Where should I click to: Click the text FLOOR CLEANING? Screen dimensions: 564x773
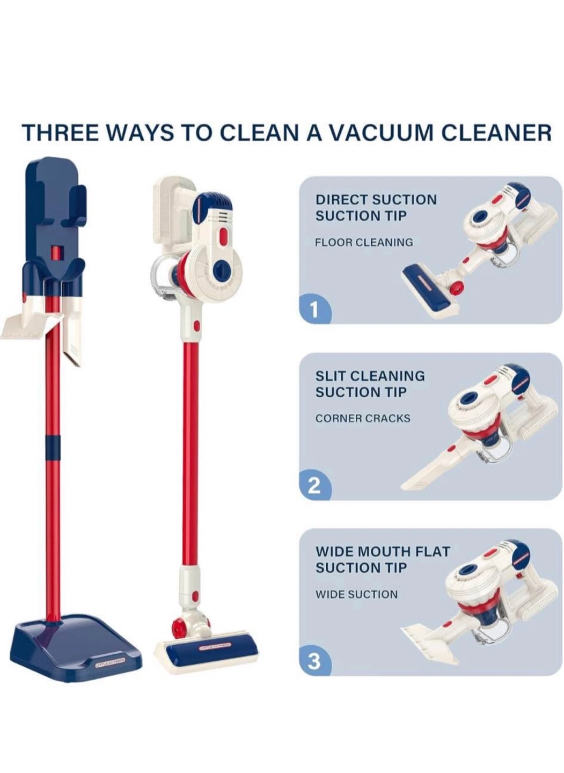[364, 242]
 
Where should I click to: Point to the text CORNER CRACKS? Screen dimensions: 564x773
[363, 419]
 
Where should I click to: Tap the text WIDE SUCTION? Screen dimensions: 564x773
[357, 594]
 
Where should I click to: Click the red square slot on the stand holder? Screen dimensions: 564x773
[55, 253]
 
